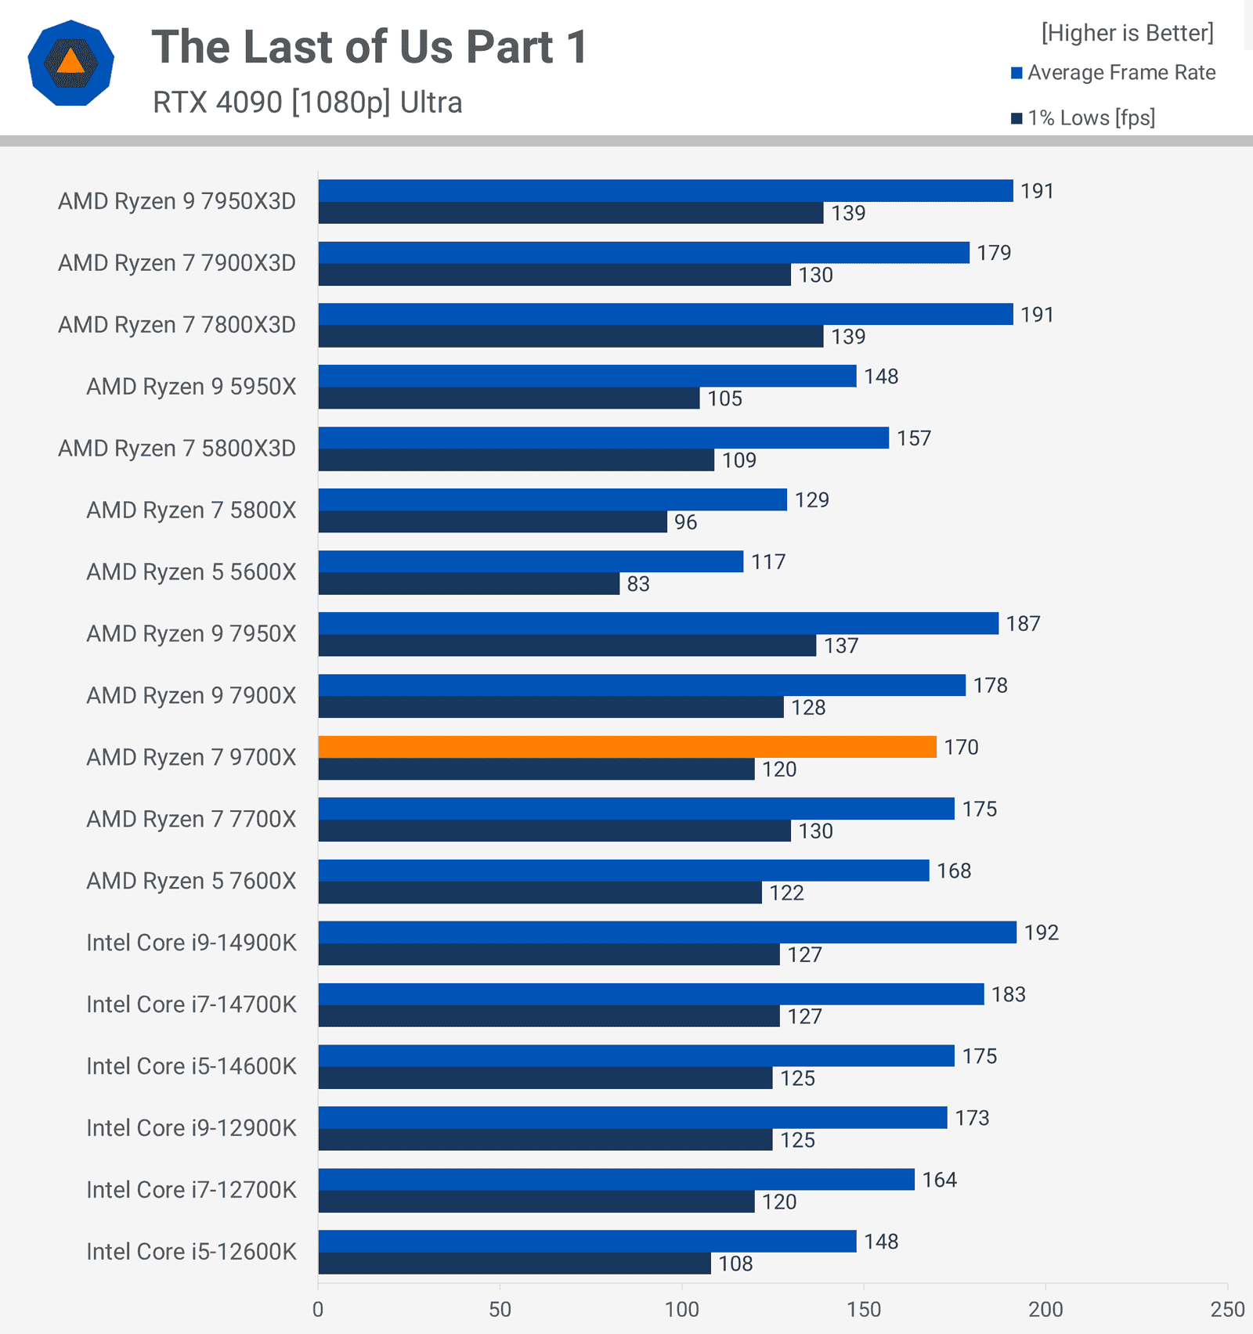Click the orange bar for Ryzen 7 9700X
(626, 747)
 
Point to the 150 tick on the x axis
(863, 1309)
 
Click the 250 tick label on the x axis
(1227, 1309)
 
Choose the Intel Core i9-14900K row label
(191, 943)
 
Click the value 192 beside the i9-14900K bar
(1041, 932)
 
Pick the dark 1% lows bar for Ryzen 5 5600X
(468, 584)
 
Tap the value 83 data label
(638, 584)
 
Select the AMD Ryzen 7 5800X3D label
(177, 449)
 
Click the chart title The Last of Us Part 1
(370, 47)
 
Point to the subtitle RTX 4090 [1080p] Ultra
(307, 103)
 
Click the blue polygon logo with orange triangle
(70, 63)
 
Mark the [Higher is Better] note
(1127, 33)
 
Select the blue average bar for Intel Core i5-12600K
(587, 1241)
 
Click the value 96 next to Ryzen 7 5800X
(685, 522)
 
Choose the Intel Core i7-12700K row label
(191, 1190)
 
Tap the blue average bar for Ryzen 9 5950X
(587, 376)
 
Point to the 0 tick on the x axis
(318, 1309)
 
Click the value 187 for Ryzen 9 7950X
(1023, 624)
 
